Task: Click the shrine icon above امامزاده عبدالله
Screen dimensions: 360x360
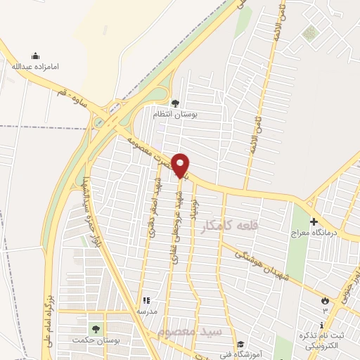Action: coord(36,56)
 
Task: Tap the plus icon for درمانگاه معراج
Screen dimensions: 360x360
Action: coord(314,222)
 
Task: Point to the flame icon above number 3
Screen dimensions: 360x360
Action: coord(325,300)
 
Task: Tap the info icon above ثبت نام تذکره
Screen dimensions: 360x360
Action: coord(322,326)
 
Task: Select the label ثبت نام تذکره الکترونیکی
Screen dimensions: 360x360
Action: coord(322,340)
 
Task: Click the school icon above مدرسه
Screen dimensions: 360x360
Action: coord(147,300)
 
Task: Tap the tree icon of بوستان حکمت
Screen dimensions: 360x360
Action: coord(94,329)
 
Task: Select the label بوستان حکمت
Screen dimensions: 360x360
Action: coord(93,340)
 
